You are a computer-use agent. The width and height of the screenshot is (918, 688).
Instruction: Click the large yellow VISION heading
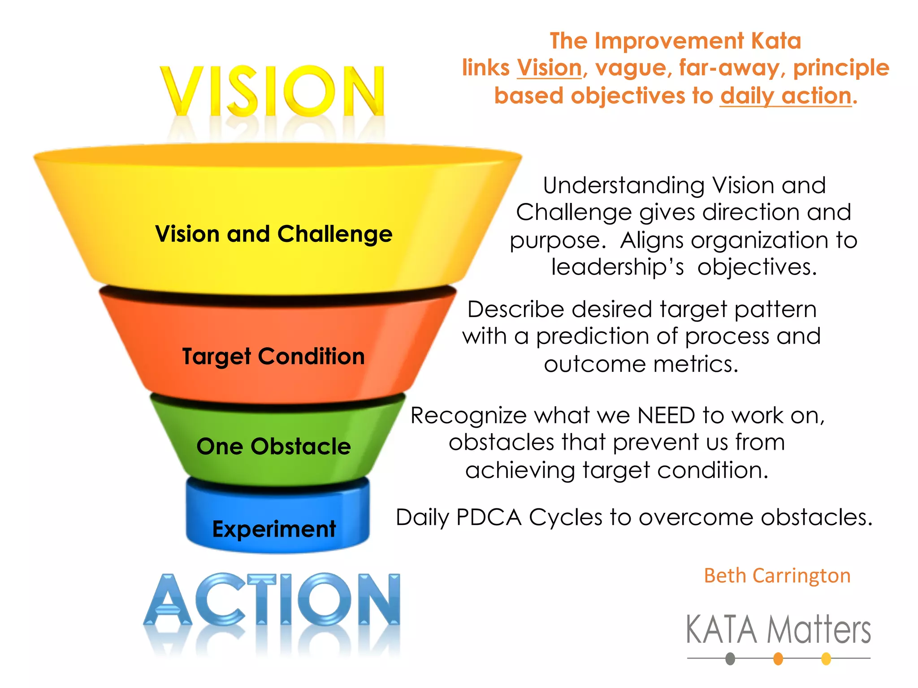tap(272, 91)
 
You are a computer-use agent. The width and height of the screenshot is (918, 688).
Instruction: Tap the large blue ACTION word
tap(272, 600)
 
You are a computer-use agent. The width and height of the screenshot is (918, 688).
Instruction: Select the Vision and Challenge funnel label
tap(273, 234)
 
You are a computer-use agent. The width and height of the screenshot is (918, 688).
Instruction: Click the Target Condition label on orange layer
tap(273, 357)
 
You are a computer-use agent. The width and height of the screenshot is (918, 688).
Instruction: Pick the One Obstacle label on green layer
tap(273, 447)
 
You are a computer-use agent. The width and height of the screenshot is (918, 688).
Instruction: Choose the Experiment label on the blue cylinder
tap(274, 529)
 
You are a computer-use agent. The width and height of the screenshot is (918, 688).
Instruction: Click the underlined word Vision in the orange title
tap(549, 68)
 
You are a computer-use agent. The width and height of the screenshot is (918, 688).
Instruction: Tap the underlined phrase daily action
tap(786, 96)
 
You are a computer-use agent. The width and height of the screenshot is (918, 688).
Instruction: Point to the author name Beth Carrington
tap(777, 576)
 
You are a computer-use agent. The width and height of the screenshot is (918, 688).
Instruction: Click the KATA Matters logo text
tap(778, 630)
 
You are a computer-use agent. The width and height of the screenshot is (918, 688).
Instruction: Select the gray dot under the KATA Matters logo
tap(730, 659)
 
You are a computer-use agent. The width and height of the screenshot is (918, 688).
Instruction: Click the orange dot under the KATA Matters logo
tap(778, 659)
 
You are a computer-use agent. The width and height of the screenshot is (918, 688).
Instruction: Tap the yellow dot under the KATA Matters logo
tap(826, 659)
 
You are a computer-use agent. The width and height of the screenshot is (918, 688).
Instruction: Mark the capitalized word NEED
tap(666, 416)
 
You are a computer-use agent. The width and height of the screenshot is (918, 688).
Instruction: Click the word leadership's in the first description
tap(617, 267)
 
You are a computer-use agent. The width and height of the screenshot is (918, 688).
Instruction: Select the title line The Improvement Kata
tap(675, 41)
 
